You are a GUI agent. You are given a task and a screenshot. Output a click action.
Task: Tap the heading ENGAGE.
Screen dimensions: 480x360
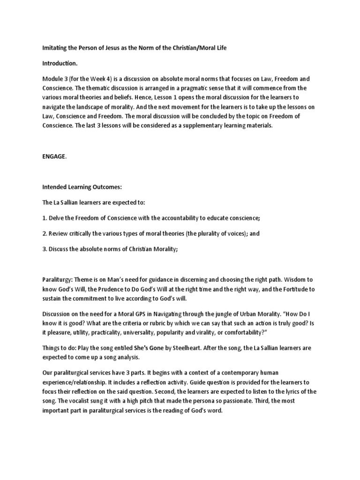(x=54, y=157)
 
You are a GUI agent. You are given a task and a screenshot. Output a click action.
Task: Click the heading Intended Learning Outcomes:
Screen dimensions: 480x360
(x=82, y=187)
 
